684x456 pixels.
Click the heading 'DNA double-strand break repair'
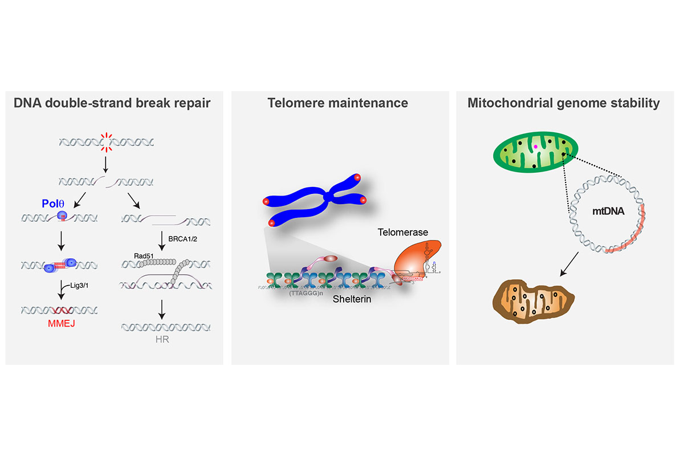point(112,103)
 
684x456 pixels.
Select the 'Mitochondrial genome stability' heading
point(564,103)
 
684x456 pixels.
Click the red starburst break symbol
point(105,142)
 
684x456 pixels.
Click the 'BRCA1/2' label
point(182,247)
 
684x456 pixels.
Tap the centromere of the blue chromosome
point(327,198)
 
